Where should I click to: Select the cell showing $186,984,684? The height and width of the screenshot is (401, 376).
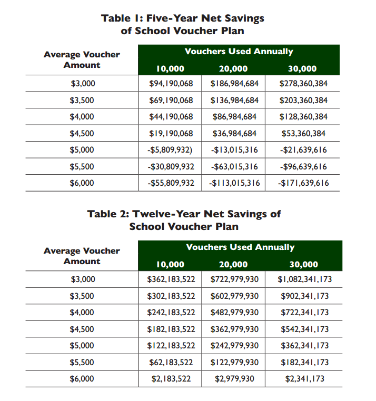click(x=234, y=83)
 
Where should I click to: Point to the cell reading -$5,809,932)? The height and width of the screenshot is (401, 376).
click(x=170, y=150)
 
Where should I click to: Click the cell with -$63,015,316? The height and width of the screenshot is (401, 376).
click(x=234, y=167)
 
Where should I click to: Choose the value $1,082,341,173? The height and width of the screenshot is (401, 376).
click(x=304, y=279)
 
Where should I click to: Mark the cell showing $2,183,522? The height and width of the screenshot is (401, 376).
click(x=170, y=379)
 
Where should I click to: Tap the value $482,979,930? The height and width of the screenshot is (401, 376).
click(x=234, y=313)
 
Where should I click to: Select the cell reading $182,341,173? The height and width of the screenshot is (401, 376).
click(x=304, y=362)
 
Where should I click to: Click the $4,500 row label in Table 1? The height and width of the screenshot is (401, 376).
click(x=82, y=133)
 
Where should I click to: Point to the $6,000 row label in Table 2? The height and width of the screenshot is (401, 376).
click(x=82, y=379)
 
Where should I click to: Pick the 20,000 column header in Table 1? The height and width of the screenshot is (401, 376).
click(x=233, y=69)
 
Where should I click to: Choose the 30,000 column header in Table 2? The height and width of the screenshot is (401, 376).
click(x=303, y=265)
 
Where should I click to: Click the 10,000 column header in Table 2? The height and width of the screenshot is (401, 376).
click(x=170, y=265)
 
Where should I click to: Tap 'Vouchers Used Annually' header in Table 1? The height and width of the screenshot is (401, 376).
click(x=239, y=52)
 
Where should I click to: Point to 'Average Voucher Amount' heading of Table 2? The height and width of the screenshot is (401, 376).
click(x=82, y=256)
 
